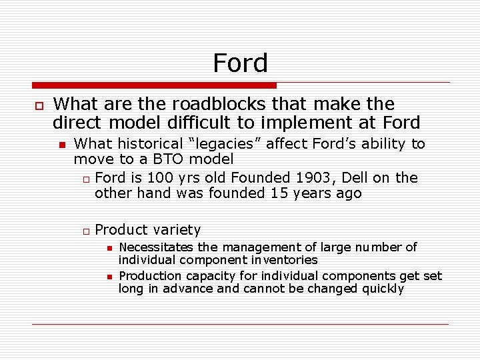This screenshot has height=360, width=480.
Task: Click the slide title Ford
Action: [x=240, y=63]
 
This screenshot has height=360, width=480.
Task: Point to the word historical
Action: [x=143, y=144]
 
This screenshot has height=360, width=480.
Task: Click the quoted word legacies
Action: [x=219, y=144]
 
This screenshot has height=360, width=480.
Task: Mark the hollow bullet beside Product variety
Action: [x=85, y=231]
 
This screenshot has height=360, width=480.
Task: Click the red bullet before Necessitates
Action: [x=109, y=248]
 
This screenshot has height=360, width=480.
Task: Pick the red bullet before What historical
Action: [x=62, y=145]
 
